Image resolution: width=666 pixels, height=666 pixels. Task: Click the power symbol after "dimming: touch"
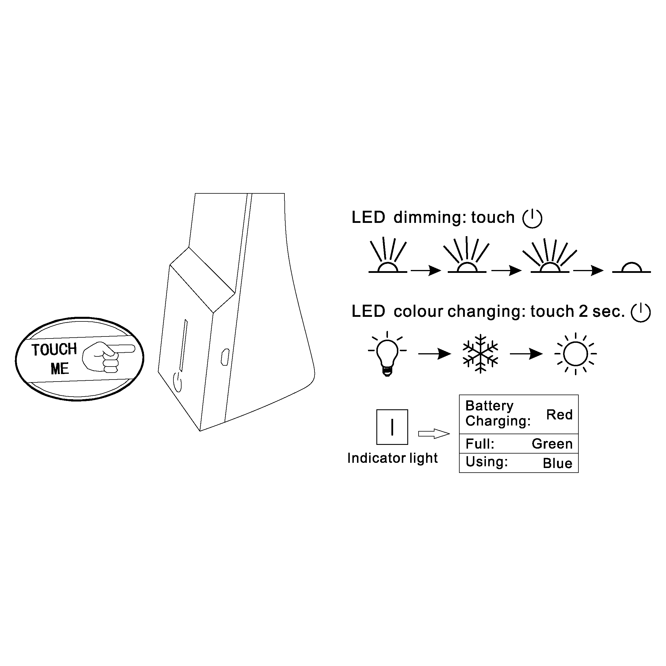[x=532, y=218]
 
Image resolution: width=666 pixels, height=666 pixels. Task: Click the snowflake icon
[x=480, y=354]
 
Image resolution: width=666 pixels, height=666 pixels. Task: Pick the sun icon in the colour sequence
[x=575, y=354]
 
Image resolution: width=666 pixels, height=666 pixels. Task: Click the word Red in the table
[x=559, y=415]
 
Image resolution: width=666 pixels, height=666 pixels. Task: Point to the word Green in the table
[x=552, y=444]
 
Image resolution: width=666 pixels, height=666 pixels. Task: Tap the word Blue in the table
[x=557, y=463]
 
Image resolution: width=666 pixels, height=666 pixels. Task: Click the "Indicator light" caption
[x=392, y=458]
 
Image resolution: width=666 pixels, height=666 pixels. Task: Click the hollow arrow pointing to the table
[x=434, y=434]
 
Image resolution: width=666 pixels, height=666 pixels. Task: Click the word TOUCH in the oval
[x=54, y=349]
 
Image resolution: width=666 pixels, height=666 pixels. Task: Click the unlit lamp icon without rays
[x=631, y=268]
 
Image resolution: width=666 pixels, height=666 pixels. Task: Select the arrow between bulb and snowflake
[x=434, y=354]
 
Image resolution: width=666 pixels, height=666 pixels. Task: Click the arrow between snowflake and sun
[x=526, y=354]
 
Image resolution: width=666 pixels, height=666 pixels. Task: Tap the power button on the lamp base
[x=177, y=382]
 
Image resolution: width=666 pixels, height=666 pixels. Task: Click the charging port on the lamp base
[x=225, y=357]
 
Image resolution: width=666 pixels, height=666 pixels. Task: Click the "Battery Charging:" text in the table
[x=497, y=413]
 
